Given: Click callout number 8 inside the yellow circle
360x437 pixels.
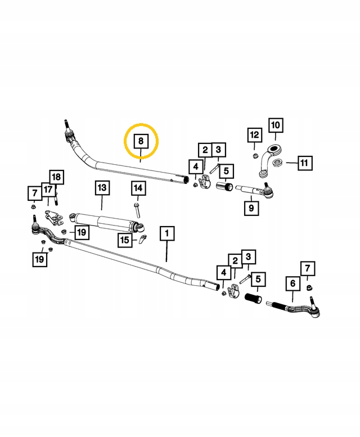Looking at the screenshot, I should click(x=141, y=141).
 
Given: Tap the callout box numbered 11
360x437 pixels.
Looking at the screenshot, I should click(x=304, y=164).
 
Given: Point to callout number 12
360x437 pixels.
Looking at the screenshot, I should click(x=254, y=135).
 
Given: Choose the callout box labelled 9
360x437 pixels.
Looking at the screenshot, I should click(x=251, y=208).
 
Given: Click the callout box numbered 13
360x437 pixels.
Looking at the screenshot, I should click(x=101, y=187).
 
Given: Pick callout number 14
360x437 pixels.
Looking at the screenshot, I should click(x=138, y=188).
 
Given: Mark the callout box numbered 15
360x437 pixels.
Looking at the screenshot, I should click(x=125, y=241).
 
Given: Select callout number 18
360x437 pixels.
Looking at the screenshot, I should click(x=56, y=177).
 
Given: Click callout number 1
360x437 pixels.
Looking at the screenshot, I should click(x=167, y=232).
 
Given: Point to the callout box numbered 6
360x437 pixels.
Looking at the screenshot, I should click(x=292, y=284).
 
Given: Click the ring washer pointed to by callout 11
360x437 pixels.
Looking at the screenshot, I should click(x=277, y=163).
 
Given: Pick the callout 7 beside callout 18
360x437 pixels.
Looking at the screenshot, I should click(x=34, y=193).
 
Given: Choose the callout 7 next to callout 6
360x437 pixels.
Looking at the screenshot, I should click(x=308, y=269).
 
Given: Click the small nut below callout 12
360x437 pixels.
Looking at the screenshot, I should click(x=255, y=155).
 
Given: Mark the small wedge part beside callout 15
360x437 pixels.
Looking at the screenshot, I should click(x=143, y=241).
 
